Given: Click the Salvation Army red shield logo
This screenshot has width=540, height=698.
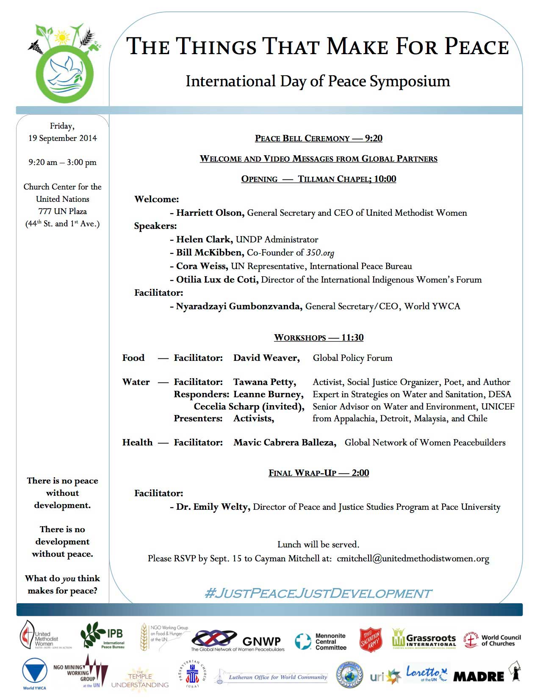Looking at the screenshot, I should pyautogui.click(x=371, y=639).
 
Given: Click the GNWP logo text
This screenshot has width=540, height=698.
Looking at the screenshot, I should pyautogui.click(x=261, y=641).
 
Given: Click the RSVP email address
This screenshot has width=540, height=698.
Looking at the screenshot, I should pyautogui.click(x=413, y=558).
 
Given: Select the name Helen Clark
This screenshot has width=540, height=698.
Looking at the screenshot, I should pyautogui.click(x=205, y=239).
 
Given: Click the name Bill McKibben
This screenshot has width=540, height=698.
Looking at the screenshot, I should pyautogui.click(x=210, y=253).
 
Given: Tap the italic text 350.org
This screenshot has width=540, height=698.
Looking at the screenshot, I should pyautogui.click(x=320, y=253).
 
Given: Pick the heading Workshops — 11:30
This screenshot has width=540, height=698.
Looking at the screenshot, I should pyautogui.click(x=318, y=338).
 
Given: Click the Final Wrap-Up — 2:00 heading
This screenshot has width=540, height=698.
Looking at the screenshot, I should pyautogui.click(x=318, y=473).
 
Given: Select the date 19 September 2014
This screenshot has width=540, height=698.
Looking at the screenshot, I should pyautogui.click(x=63, y=138).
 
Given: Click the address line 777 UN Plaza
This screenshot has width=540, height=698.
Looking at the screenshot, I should pyautogui.click(x=63, y=211).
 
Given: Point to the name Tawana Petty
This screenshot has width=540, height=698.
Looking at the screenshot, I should pyautogui.click(x=265, y=382).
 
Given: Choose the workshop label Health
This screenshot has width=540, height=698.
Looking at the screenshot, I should pyautogui.click(x=137, y=442).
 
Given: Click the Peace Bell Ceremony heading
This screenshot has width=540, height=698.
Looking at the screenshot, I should pyautogui.click(x=318, y=138).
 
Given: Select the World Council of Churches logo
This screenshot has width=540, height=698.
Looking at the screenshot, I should pyautogui.click(x=492, y=640).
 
